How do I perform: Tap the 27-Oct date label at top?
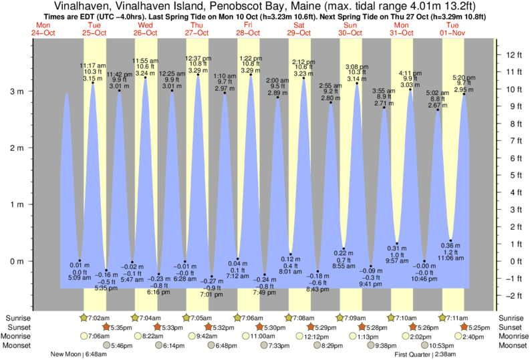[197, 32]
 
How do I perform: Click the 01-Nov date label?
[452, 32]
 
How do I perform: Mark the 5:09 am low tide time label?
[80, 278]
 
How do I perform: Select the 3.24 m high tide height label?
[145, 73]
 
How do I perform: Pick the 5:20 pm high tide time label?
[464, 77]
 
